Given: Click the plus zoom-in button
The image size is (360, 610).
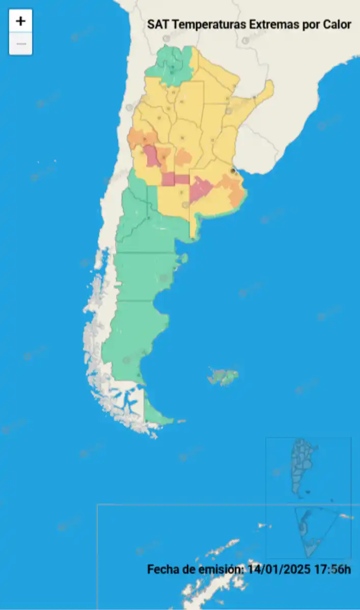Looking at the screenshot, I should coord(20,21).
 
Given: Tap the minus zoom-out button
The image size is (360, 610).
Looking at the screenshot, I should coord(20,44).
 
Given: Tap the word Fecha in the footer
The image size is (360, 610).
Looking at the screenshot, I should coord(162,569).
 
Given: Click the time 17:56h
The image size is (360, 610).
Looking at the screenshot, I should coord(333,569).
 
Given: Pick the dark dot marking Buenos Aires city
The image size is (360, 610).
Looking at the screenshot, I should coord(233,171).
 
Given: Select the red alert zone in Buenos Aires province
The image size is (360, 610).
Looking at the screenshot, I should coord(201,190).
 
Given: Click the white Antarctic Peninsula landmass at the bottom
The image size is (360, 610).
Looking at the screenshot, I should coord(219,559).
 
